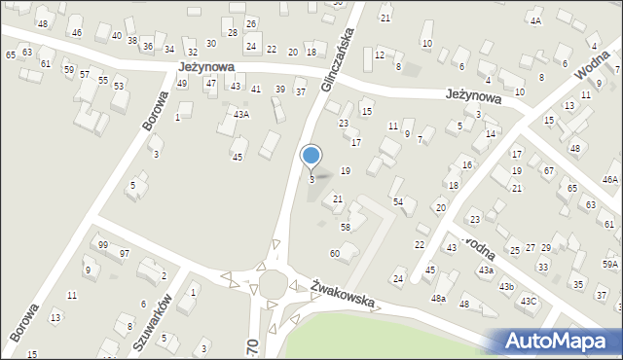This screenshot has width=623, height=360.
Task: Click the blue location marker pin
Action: click(x=311, y=156)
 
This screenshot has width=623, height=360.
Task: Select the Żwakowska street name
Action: click(x=343, y=294)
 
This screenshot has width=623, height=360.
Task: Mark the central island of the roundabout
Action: click(x=272, y=285)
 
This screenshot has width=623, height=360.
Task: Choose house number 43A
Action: click(x=240, y=114)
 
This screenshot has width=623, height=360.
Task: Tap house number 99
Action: click(x=102, y=244)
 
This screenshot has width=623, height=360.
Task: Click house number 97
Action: click(x=124, y=253)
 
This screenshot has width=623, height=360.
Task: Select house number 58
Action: click(x=345, y=227)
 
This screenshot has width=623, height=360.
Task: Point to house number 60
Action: click(x=335, y=253)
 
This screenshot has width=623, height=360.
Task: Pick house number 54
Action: click(x=397, y=200)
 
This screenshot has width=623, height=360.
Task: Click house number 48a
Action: click(x=439, y=298)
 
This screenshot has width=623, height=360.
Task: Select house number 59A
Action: click(x=610, y=264)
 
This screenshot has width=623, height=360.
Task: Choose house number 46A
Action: click(x=610, y=179)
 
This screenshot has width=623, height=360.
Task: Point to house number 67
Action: click(x=548, y=170)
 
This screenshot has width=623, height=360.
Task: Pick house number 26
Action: click(x=251, y=23)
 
